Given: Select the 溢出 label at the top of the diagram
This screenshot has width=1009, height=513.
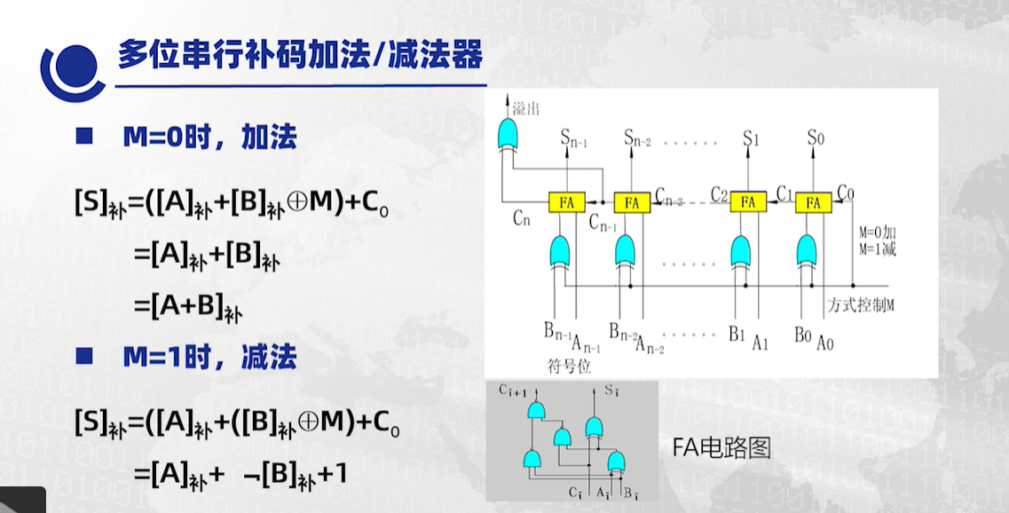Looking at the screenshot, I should tap(526, 108).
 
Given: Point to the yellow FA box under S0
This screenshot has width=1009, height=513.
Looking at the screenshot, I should tap(813, 202).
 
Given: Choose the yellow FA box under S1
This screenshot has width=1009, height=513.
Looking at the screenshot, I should tap(748, 202).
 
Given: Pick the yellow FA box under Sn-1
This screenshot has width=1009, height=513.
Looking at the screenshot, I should tap(567, 202).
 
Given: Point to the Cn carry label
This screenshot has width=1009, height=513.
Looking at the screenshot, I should tap(521, 221).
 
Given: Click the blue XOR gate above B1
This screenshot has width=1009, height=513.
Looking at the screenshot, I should tap(744, 251).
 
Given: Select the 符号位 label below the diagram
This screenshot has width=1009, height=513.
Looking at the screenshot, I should tap(570, 365).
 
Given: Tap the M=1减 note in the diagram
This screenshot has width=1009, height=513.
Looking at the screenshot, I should tap(877, 249).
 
